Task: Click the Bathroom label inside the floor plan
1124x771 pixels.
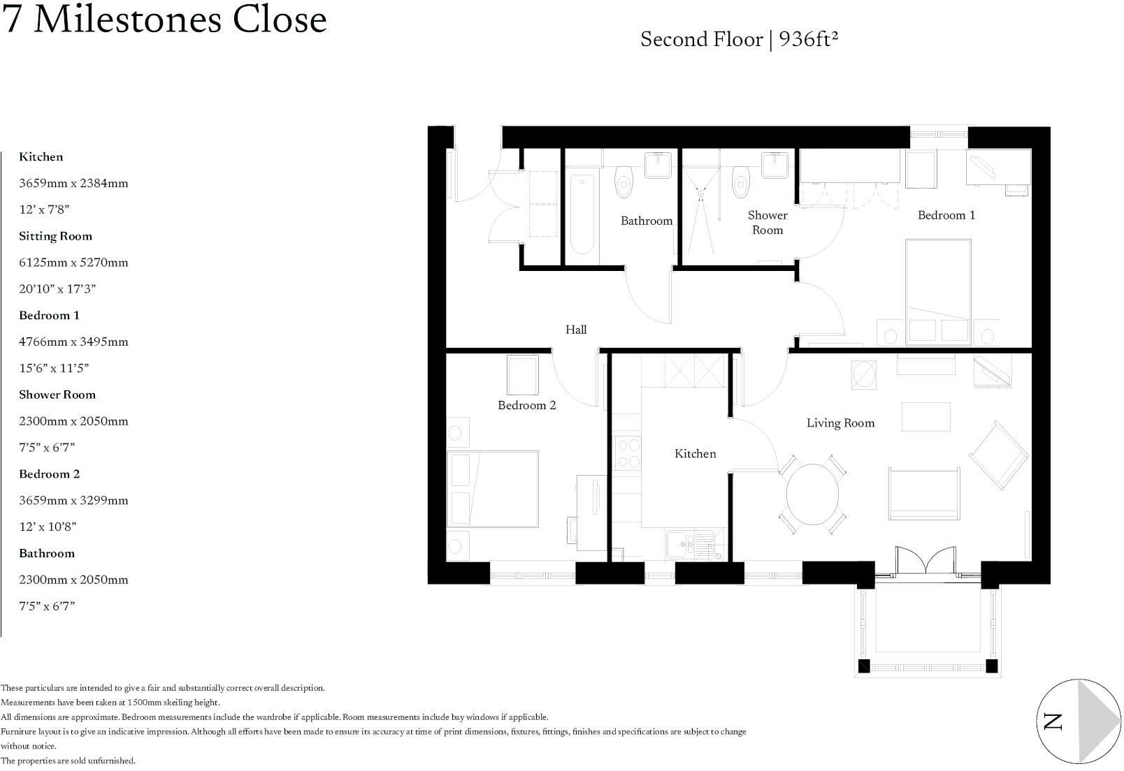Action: point(646,221)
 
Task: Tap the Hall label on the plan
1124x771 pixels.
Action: point(575,330)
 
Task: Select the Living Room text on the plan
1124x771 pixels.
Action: point(840,423)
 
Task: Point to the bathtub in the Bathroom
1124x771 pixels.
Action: point(582,214)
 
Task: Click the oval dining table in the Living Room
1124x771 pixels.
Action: point(812,496)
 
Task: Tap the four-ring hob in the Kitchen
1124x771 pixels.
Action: point(626,453)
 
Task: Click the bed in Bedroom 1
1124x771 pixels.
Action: point(938,292)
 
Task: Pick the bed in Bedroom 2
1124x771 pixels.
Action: point(493,490)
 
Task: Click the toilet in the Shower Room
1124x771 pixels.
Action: point(740,182)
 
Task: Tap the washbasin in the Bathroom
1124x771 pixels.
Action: point(658,166)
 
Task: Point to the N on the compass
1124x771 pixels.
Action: point(1053,721)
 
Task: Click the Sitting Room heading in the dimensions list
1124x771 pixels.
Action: point(55,236)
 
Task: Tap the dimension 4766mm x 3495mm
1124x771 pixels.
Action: point(73,342)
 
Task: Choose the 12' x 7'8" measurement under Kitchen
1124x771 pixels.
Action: point(44,210)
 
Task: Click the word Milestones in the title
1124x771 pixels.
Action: point(129,20)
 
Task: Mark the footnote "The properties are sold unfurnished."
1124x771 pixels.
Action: point(68,761)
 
